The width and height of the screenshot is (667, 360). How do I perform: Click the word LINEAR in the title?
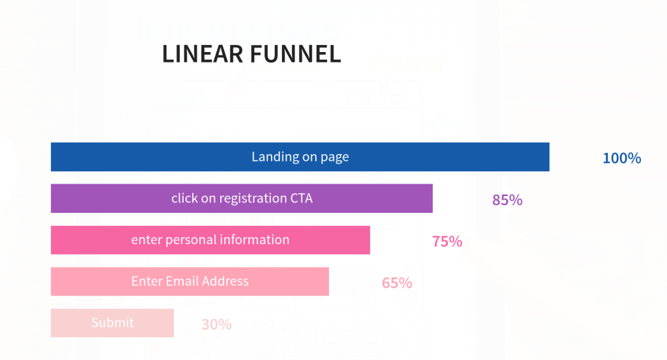[203, 54]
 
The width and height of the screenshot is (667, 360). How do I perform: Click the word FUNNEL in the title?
[296, 54]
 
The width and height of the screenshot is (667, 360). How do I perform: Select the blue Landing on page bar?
[300, 157]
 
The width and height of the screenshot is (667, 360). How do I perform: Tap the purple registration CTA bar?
[242, 199]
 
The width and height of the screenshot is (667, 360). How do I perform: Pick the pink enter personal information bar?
[210, 240]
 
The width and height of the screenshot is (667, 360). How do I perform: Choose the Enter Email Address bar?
[190, 281]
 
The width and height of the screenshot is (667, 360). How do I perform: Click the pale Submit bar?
[112, 323]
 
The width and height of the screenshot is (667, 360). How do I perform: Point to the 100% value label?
[622, 158]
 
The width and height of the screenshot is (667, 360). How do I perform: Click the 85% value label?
[507, 200]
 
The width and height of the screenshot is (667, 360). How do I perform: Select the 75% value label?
[447, 242]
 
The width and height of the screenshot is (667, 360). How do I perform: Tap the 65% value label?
[397, 283]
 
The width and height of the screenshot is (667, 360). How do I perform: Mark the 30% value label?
[216, 324]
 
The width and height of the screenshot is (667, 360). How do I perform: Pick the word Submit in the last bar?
[112, 323]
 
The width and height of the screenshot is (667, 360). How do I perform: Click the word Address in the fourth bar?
[225, 281]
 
